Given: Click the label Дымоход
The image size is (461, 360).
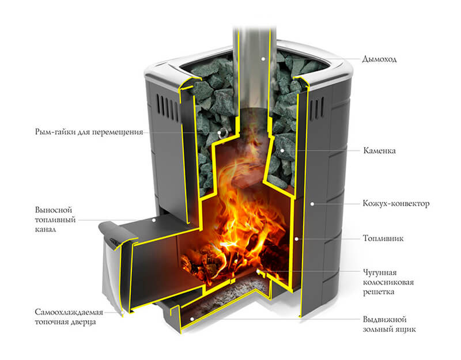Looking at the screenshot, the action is [379, 59].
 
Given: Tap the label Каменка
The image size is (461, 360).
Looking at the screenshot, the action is [379, 151].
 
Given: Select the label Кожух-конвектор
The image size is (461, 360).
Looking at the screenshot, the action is [396, 203].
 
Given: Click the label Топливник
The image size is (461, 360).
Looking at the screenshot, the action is [383, 238].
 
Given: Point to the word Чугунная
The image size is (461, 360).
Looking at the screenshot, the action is [380, 272].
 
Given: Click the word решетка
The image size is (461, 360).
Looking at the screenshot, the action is [379, 292].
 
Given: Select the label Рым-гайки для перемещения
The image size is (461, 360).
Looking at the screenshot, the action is [89, 132].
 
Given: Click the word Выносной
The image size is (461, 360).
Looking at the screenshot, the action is [54, 210].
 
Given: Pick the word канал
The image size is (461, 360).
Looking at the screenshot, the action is [46, 229].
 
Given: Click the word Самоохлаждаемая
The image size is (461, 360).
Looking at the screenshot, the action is [69, 312].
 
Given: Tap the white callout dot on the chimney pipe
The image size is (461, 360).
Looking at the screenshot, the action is [263, 59].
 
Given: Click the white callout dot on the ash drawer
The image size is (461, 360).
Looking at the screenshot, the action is [192, 319].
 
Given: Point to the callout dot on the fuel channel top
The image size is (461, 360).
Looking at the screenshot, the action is [153, 220].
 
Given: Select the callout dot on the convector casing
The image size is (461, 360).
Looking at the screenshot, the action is [312, 203].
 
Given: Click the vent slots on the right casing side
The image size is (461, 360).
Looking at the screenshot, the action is [316, 109].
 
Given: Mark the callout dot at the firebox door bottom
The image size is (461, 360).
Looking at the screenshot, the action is [123, 312].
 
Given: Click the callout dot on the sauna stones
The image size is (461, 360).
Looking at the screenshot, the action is [282, 150].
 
